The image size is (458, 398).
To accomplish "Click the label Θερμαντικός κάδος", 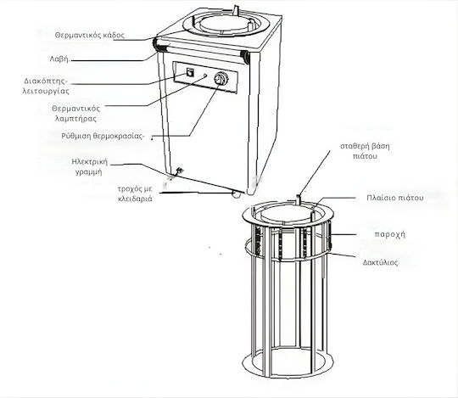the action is click(x=90, y=36).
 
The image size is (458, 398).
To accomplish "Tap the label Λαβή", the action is click(x=59, y=59).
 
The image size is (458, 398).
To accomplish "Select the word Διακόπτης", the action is click(x=46, y=81).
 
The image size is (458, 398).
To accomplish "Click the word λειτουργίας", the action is click(x=46, y=91).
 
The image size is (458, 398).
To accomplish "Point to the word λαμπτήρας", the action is click(x=76, y=119).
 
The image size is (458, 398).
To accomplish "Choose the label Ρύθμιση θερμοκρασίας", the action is click(x=103, y=136).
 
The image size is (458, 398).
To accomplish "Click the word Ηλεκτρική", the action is click(x=90, y=161).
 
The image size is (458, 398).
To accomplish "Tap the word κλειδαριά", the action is click(x=135, y=199).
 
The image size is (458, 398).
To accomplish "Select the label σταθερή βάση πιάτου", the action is click(x=365, y=151).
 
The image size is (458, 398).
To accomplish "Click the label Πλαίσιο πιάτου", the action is click(x=395, y=198).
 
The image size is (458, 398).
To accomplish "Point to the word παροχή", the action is click(x=390, y=234).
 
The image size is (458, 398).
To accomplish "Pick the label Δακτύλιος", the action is click(x=380, y=262).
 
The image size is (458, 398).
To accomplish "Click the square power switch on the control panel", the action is click(x=191, y=71).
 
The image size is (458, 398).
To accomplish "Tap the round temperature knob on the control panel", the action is click(x=221, y=78).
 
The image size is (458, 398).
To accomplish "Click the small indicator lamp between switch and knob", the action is click(x=205, y=76).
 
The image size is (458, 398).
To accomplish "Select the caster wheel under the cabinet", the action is click(x=235, y=193).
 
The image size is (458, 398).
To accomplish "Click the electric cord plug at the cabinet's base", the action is click(x=178, y=171).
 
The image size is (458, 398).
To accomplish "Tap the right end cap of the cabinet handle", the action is click(x=246, y=55).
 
